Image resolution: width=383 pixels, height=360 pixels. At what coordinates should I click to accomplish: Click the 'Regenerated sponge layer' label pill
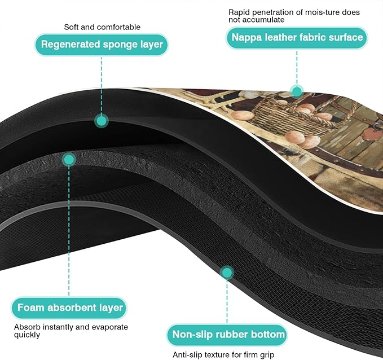click(102, 45)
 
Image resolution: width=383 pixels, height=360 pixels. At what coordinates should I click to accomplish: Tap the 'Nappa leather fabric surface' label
click(297, 38)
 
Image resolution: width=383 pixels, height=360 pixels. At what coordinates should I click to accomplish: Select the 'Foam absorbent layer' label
click(69, 308)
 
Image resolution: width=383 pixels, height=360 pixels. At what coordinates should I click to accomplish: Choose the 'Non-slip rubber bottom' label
click(227, 335)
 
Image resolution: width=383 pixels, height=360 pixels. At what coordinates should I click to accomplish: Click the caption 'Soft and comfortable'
click(102, 27)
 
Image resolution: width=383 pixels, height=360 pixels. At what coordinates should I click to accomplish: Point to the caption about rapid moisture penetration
click(294, 16)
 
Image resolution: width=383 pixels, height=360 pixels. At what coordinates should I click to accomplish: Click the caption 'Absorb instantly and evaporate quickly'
click(71, 331)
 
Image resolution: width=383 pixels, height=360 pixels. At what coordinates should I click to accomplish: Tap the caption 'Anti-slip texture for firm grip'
click(223, 354)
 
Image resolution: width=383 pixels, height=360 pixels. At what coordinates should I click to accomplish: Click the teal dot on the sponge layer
click(102, 121)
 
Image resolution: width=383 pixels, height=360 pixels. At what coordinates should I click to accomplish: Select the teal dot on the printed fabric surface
click(297, 92)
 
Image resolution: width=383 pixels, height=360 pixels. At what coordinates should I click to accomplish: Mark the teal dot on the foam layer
click(69, 160)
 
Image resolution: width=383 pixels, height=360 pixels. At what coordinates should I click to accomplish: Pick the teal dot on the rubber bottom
click(227, 273)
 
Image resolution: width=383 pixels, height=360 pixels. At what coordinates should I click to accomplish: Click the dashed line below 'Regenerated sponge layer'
click(102, 85)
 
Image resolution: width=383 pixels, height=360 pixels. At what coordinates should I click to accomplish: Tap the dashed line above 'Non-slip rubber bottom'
click(227, 301)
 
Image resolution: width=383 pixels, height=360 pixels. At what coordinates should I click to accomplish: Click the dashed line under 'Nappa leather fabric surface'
click(297, 68)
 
